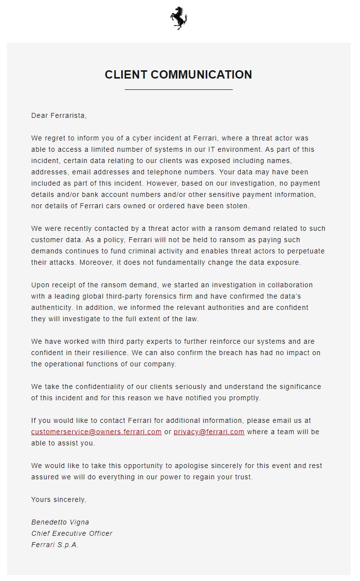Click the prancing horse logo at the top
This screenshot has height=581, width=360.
179,19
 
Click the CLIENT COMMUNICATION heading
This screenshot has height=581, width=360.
178,75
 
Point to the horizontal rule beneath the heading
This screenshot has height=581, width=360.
178,90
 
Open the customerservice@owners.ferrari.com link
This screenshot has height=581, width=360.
96,432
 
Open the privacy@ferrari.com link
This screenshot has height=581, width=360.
209,432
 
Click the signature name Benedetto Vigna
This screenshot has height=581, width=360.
60,522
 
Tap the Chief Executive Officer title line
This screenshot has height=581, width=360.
72,533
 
